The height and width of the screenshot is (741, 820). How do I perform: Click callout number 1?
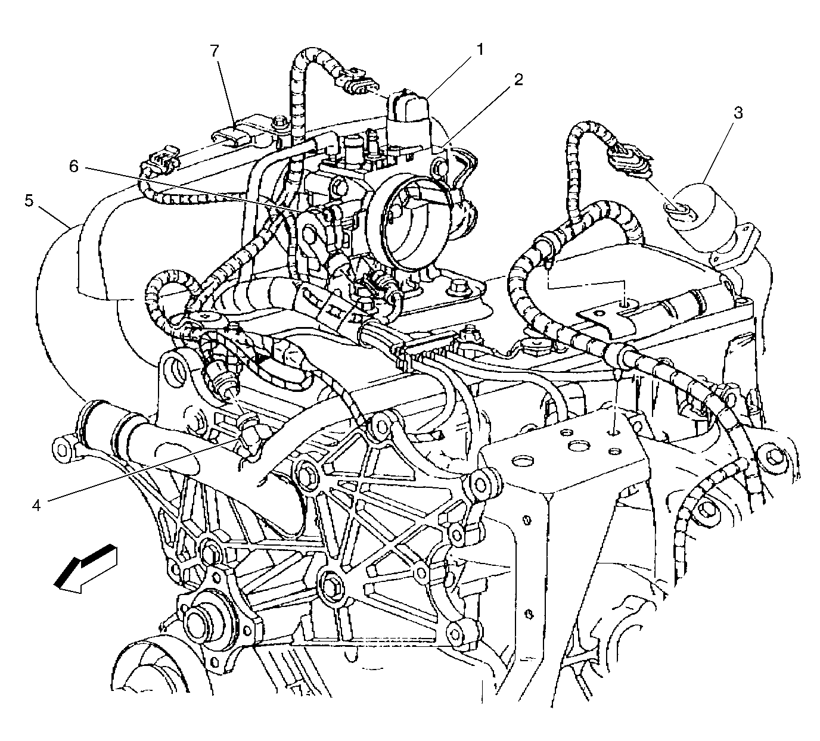(480, 50)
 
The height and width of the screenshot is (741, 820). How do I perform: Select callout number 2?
(518, 79)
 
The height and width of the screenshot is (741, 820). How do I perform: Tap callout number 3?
(738, 113)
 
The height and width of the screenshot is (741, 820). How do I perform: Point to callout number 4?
(37, 506)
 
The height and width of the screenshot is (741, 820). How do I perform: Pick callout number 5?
(29, 201)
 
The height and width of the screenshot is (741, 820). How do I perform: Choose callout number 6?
(73, 166)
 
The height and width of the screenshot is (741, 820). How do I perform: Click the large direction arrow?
(86, 568)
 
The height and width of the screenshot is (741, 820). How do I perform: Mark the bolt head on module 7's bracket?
(281, 122)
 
